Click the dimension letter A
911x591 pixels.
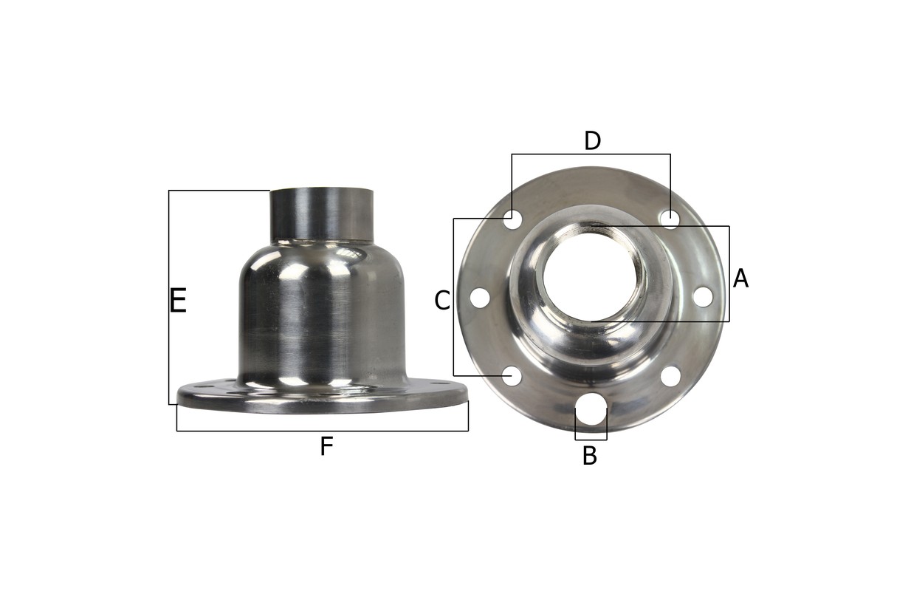point(740,279)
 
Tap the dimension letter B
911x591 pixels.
point(590,456)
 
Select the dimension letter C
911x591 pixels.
point(442,301)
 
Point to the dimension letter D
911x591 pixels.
point(592,141)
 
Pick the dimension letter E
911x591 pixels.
point(178,301)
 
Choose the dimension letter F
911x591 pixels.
point(326,446)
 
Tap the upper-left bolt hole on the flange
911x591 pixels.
point(512,219)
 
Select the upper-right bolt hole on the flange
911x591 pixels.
point(670,219)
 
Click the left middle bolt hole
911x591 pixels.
point(480,298)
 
